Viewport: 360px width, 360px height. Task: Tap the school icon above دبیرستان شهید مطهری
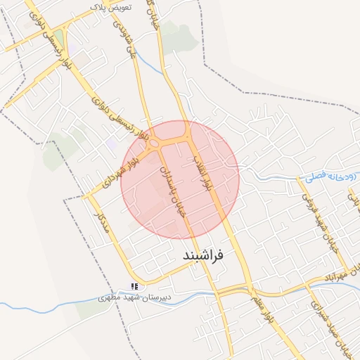pos(134,286)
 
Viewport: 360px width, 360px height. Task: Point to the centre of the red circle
pos(180,179)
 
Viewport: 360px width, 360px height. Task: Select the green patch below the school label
pos(91,310)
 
